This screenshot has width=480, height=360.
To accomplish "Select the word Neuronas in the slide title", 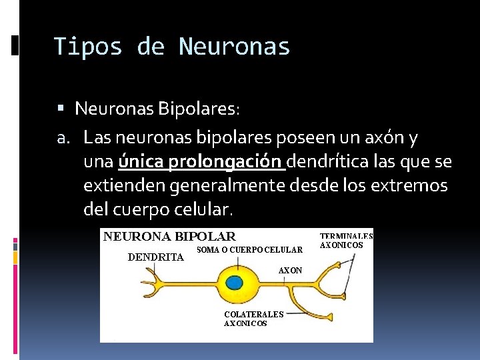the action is [x=234, y=47].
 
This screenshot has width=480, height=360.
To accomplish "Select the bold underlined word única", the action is [x=141, y=162].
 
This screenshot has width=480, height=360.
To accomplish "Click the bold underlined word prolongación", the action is [x=227, y=162].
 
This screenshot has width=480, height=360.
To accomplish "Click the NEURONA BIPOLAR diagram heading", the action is [x=169, y=236].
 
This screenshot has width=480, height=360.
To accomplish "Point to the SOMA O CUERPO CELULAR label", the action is [x=250, y=250].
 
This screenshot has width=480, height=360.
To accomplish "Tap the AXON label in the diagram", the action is [x=290, y=271].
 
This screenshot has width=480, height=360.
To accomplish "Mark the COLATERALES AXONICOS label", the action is [x=253, y=319].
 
